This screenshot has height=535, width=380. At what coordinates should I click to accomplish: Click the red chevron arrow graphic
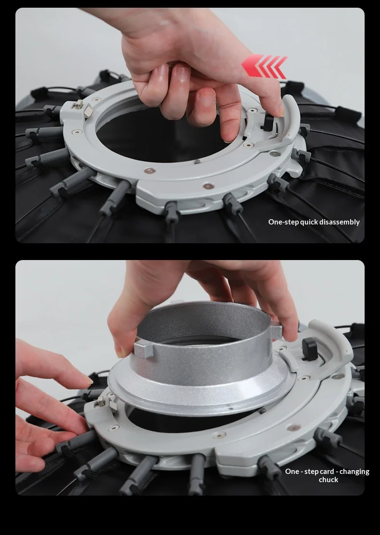point(264,66)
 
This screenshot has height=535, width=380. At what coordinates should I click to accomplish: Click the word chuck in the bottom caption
point(329,480)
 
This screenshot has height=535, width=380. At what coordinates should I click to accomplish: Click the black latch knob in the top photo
point(268,123)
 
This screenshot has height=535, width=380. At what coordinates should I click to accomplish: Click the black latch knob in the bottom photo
point(310,348)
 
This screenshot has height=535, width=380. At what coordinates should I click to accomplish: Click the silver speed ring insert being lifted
point(202,358)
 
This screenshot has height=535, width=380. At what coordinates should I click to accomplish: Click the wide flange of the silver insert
point(202,392)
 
